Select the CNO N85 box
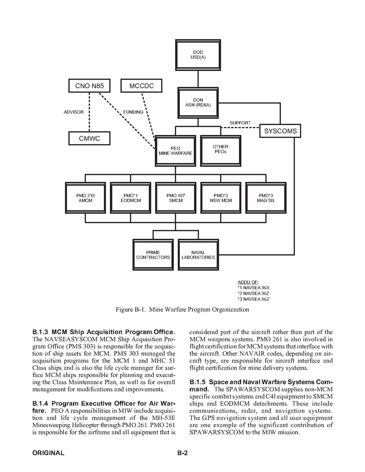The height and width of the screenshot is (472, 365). pyautogui.click(x=89, y=85)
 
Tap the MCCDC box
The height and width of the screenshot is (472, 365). pyautogui.click(x=141, y=85)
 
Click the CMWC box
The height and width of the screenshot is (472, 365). pyautogui.click(x=89, y=138)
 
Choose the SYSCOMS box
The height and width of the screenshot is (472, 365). pyautogui.click(x=280, y=131)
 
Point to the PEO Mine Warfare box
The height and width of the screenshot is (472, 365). pyautogui.click(x=175, y=151)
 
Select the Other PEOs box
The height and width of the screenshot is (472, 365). pyautogui.click(x=220, y=150)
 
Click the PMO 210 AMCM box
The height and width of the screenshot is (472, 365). pyautogui.click(x=86, y=198)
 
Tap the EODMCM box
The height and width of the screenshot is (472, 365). pyautogui.click(x=130, y=198)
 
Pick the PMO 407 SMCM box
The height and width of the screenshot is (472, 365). pyautogui.click(x=175, y=198)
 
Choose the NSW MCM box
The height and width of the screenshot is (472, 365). pyautogui.click(x=220, y=198)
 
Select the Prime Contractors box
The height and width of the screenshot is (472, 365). pyautogui.click(x=153, y=255)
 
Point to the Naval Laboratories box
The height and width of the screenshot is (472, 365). pyautogui.click(x=198, y=255)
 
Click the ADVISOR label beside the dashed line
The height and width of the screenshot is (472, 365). pyautogui.click(x=74, y=112)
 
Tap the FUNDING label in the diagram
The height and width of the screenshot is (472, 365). pyautogui.click(x=133, y=112)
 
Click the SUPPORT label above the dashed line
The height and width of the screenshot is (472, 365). pyautogui.click(x=240, y=123)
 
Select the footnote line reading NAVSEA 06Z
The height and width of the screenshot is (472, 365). pyautogui.click(x=254, y=294)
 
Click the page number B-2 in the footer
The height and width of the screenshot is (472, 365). pyautogui.click(x=182, y=453)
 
